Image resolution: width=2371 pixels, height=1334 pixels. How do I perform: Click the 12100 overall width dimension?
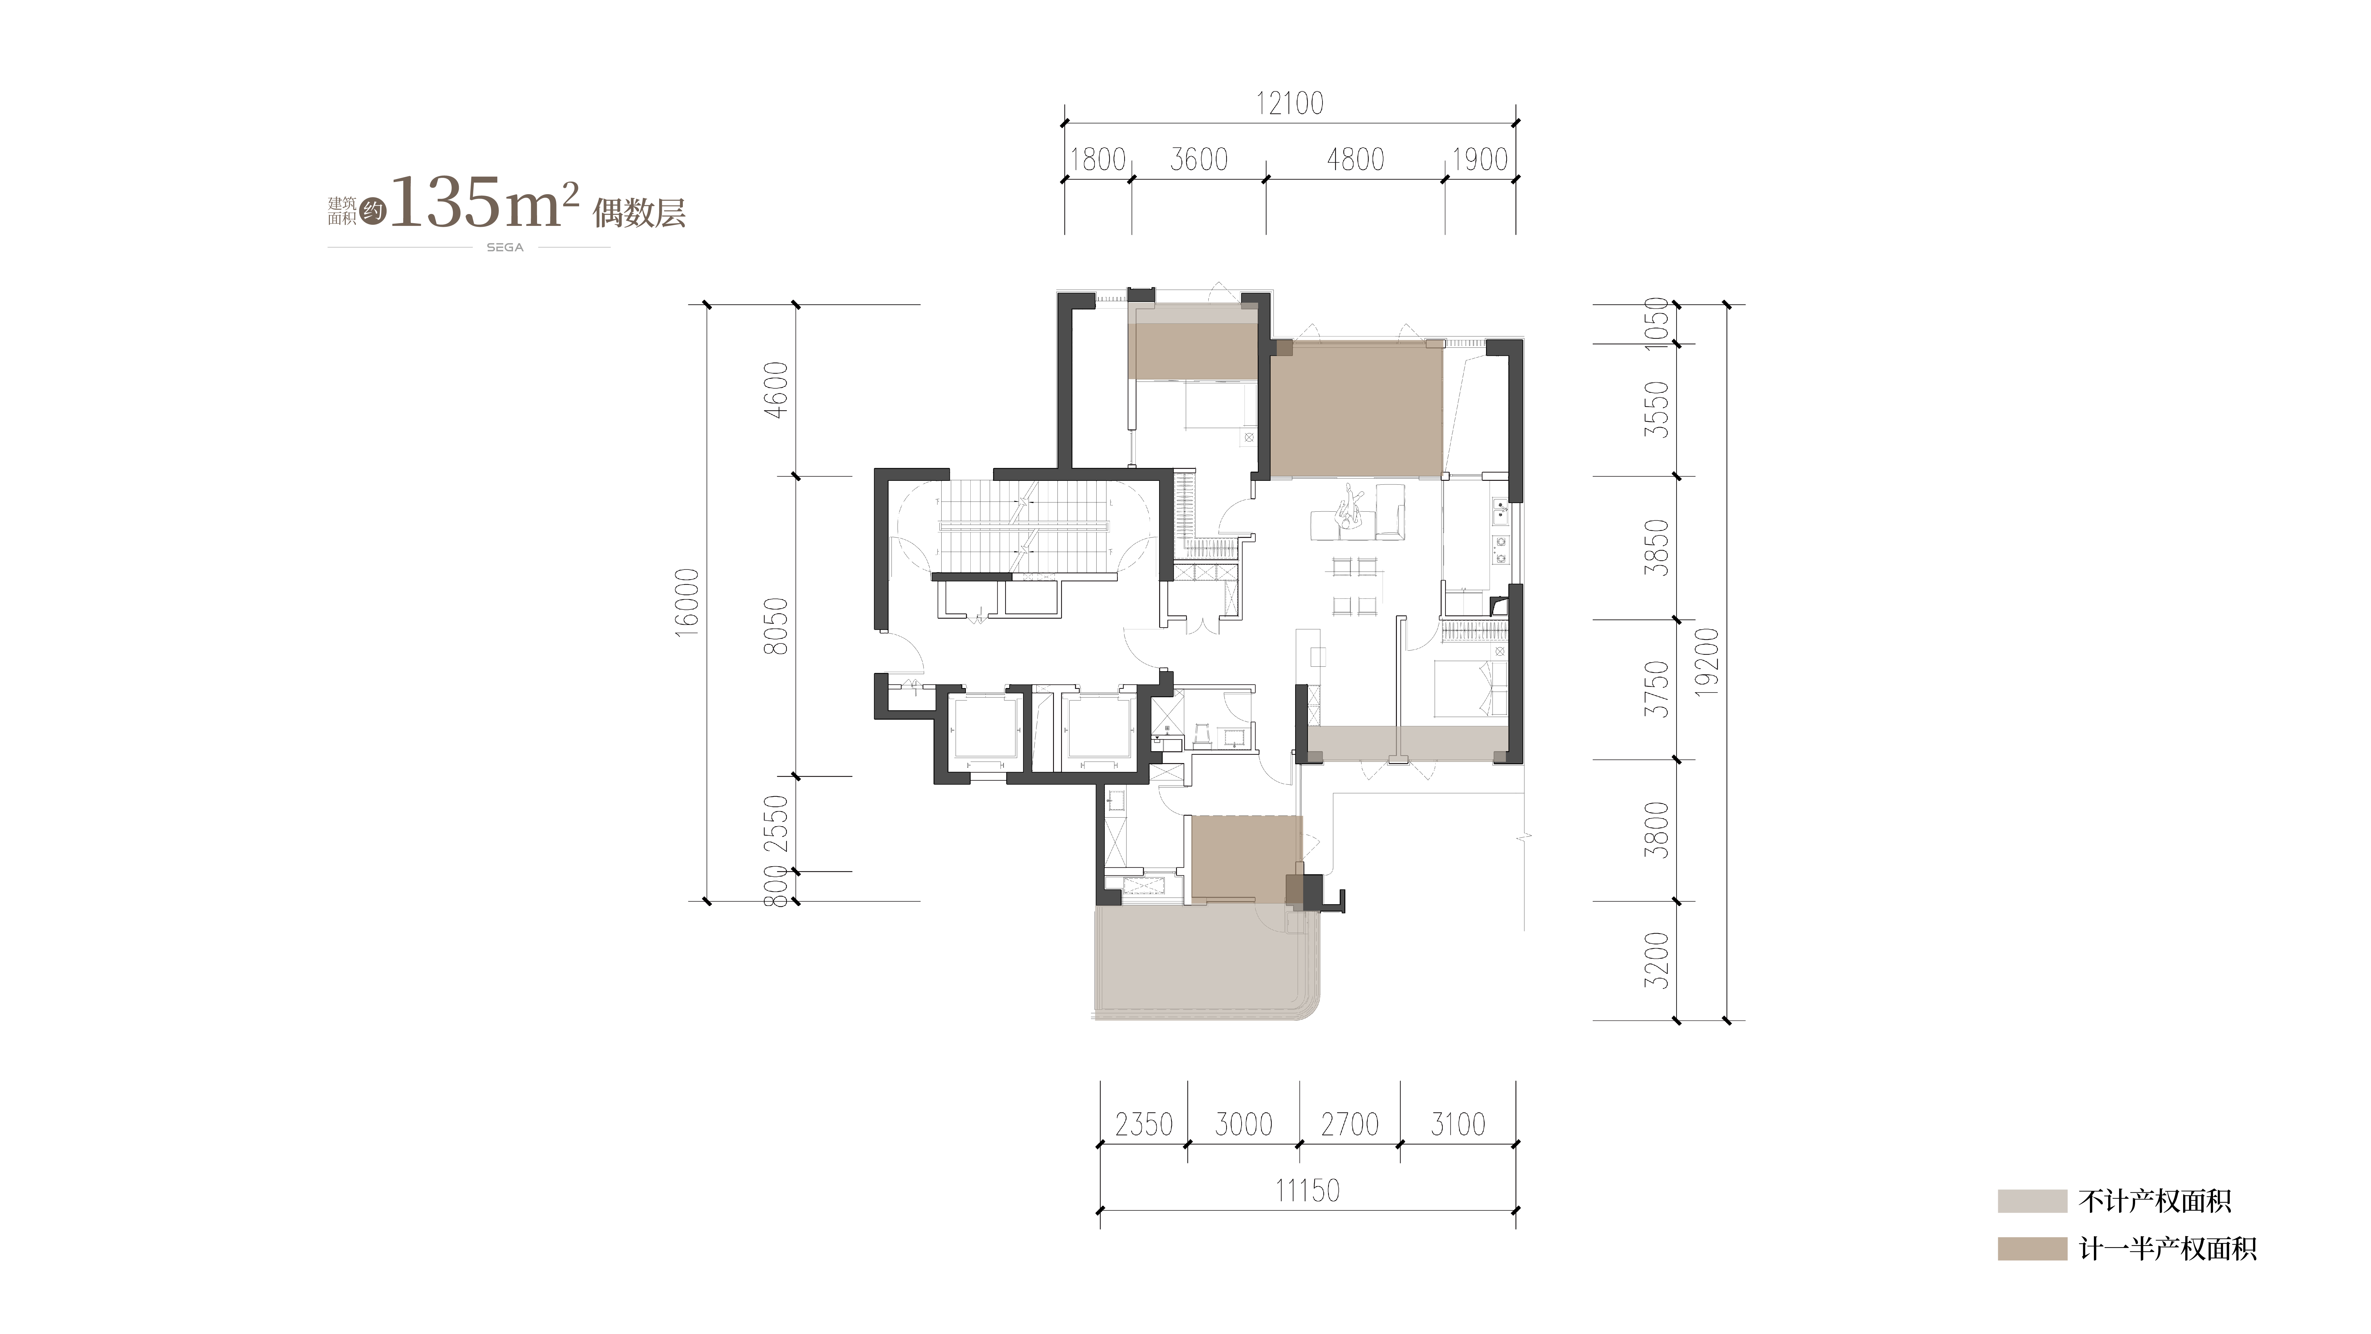coord(1290,103)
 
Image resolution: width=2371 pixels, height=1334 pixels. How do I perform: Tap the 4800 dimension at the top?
coord(1355,159)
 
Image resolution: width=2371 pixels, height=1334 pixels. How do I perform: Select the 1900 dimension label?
coord(1479,159)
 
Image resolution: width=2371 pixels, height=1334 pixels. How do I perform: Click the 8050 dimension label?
coord(776,626)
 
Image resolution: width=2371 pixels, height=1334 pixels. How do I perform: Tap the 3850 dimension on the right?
coord(1656,548)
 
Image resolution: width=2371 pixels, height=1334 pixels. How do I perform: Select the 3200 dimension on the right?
coord(1656,960)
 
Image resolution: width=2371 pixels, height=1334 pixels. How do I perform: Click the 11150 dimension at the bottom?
coord(1307,1191)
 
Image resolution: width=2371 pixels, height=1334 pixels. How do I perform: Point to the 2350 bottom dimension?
coord(1144,1124)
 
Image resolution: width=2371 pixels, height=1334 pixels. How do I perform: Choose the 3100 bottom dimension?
coord(1458,1124)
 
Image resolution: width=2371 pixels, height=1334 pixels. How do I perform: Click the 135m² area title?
coord(485,204)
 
